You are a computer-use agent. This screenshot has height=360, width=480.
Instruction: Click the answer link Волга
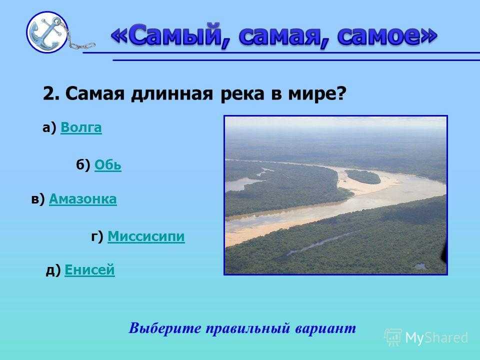coord(81,127)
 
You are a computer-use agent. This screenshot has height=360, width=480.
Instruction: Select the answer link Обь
coord(108,165)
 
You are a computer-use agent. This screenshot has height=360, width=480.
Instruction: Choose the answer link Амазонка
coord(82,199)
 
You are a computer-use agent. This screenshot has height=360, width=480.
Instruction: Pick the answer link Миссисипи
coord(146,236)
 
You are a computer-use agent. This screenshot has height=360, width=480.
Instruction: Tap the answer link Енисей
coord(89,270)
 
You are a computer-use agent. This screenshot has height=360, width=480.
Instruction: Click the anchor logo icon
coord(47,32)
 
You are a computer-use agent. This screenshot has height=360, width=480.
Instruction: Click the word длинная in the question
coord(171,93)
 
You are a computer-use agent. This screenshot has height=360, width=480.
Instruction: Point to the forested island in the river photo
coord(362,176)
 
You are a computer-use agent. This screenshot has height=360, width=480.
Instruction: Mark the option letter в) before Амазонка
coord(38,199)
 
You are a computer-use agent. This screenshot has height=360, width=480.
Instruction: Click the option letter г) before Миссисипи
coord(97,236)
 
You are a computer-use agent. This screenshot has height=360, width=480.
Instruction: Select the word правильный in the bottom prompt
coord(247,328)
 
